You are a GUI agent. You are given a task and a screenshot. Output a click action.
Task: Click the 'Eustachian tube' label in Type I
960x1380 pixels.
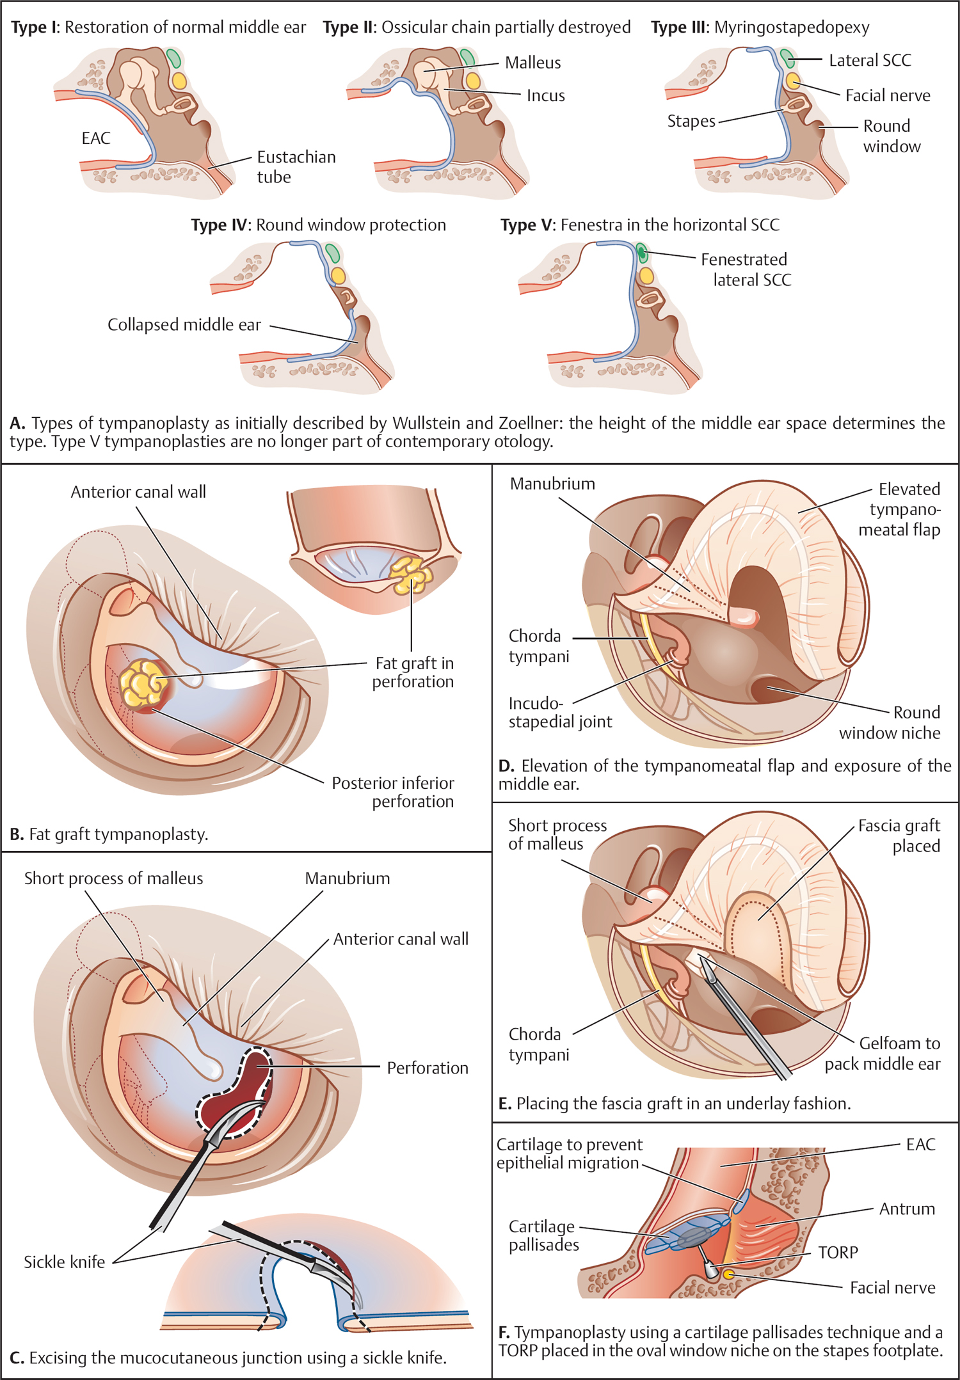[296, 166]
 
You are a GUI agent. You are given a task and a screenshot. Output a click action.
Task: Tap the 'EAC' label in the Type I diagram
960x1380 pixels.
[96, 138]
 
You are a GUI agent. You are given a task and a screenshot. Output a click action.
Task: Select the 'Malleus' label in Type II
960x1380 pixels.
[532, 63]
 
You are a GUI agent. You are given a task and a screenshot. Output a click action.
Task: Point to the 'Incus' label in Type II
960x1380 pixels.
[545, 96]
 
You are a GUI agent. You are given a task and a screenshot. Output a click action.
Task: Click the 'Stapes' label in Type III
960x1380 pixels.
[691, 121]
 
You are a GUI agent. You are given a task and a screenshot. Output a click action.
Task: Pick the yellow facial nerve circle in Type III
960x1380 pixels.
[793, 81]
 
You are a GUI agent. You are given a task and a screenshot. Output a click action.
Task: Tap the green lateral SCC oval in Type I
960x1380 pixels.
[173, 58]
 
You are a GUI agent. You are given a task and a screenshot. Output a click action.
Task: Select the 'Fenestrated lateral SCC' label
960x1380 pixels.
[746, 269]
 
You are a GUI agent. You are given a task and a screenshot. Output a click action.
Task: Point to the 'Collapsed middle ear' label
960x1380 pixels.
[184, 325]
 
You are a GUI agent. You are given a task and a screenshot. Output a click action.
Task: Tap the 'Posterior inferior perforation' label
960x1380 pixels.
[393, 792]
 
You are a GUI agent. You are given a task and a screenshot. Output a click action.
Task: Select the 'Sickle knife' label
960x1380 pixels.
[64, 1262]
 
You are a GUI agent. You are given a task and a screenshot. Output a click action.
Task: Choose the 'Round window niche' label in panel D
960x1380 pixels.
[890, 722]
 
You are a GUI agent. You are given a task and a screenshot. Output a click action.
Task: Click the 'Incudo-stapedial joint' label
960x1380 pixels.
[560, 713]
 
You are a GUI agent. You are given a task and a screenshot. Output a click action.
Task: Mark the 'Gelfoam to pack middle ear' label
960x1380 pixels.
[882, 1053]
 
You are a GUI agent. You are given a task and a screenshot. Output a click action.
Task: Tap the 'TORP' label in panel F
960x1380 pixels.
[838, 1252]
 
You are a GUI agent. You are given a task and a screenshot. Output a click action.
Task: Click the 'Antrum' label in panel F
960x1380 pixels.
[906, 1209]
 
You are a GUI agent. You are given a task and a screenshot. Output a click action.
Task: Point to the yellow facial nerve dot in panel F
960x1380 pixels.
[728, 1274]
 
